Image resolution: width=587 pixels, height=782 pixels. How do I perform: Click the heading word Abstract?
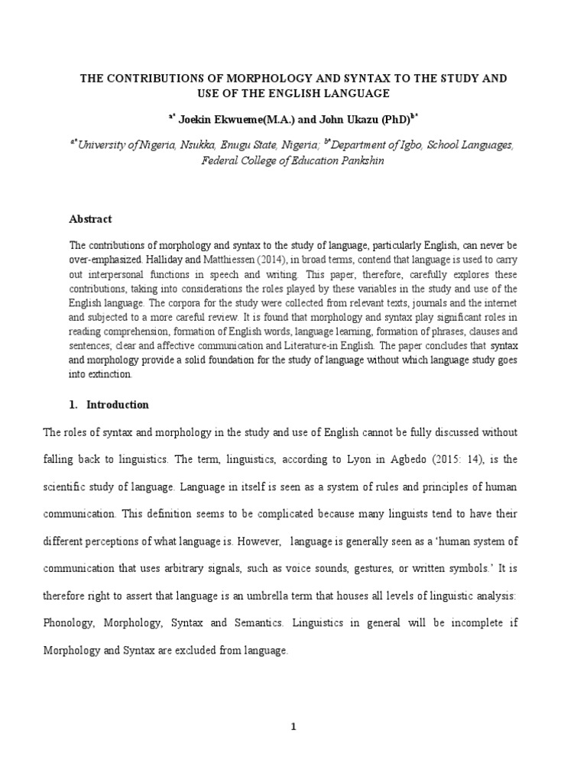pyautogui.click(x=90, y=219)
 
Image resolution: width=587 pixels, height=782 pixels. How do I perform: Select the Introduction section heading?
pyautogui.click(x=118, y=405)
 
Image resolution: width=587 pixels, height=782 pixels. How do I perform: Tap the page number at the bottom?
pyautogui.click(x=293, y=726)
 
